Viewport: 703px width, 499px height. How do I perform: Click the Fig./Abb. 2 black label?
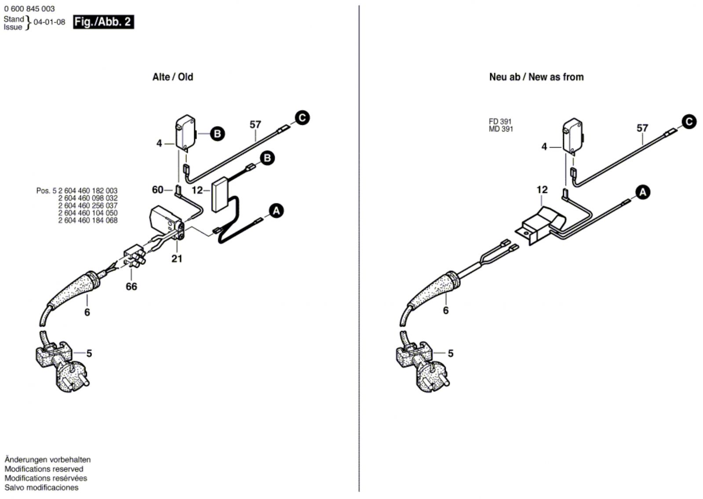(103, 22)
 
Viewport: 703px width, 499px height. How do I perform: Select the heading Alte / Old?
(172, 77)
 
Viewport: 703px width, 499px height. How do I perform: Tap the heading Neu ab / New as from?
(536, 77)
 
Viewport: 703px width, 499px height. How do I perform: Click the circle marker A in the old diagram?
(276, 211)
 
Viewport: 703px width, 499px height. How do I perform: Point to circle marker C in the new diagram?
(689, 121)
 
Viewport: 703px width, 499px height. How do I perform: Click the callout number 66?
(131, 287)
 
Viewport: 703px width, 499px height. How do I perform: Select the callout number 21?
(177, 259)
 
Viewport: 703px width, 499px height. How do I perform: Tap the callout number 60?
(157, 189)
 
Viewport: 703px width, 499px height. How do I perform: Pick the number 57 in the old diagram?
(255, 125)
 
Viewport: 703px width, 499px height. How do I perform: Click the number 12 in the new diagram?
(542, 189)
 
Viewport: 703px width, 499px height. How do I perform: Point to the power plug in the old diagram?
(66, 369)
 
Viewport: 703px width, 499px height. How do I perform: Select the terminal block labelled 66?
(135, 257)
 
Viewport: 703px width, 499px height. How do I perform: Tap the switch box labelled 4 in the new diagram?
(572, 136)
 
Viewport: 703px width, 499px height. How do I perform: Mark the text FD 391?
(500, 121)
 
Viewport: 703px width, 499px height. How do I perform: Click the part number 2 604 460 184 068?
(88, 220)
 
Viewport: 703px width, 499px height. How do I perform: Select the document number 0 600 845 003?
(29, 9)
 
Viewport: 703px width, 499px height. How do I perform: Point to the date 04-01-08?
(49, 22)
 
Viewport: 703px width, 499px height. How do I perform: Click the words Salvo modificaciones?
(41, 488)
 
